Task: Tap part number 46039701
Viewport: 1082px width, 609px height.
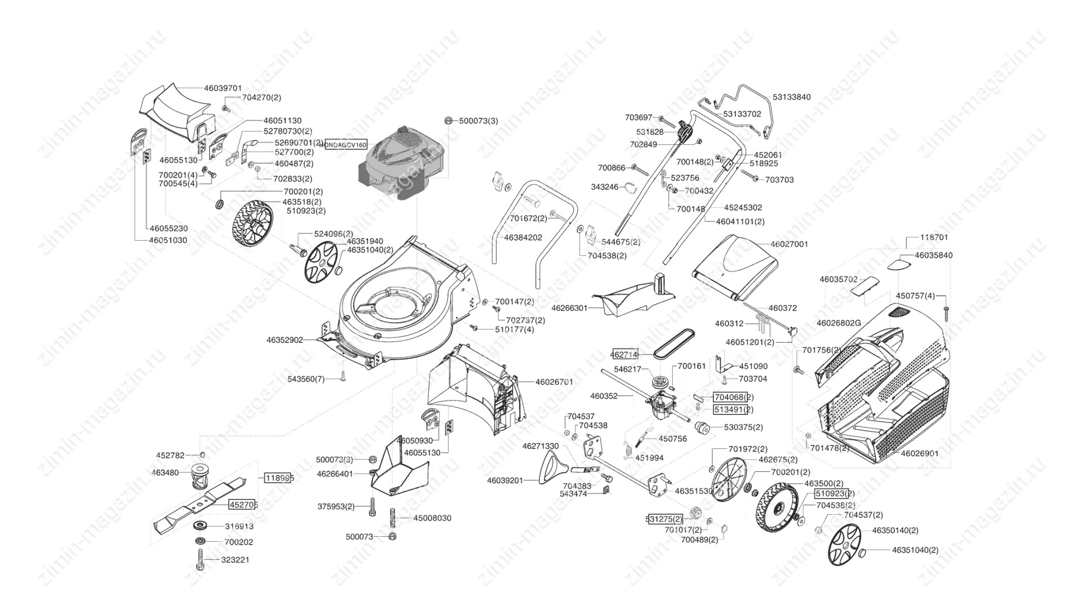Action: [223, 88]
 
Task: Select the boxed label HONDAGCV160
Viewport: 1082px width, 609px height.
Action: [343, 145]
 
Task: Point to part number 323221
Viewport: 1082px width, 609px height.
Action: [236, 560]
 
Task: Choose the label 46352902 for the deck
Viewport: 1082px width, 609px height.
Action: [285, 340]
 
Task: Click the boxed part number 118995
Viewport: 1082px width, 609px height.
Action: [279, 478]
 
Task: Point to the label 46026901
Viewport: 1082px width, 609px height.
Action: [919, 453]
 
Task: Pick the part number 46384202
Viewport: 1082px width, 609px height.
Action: [523, 237]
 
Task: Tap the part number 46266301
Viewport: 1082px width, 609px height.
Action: [569, 308]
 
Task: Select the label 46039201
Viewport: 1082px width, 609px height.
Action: [505, 480]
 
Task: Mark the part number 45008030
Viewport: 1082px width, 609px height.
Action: [432, 518]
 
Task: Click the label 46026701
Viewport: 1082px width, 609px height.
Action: [554, 382]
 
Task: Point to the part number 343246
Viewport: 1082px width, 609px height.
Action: [604, 187]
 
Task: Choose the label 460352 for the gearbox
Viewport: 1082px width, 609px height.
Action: [604, 396]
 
